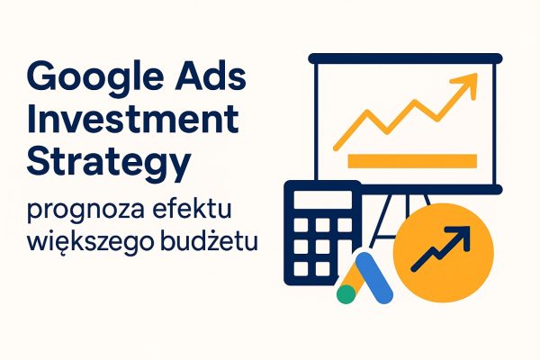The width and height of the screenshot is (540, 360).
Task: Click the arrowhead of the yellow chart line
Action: pyautogui.click(x=464, y=87)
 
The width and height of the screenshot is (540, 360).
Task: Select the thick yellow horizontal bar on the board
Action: pyautogui.click(x=410, y=161)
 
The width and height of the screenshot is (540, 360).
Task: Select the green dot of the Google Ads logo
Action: pyautogui.click(x=346, y=292)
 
